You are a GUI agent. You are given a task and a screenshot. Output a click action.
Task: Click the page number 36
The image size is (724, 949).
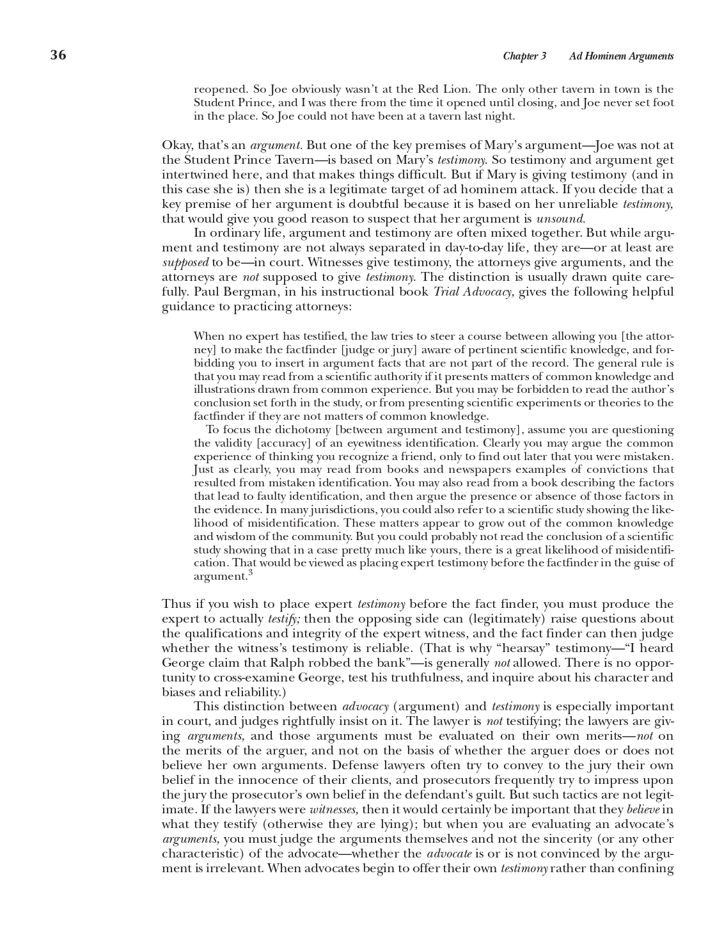click(58, 55)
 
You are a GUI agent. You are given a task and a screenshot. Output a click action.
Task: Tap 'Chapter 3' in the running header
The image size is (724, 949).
click(524, 56)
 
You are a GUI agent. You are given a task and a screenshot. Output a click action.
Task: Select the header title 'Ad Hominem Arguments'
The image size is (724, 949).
click(621, 56)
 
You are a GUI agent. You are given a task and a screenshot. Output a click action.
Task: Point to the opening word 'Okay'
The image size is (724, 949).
click(175, 145)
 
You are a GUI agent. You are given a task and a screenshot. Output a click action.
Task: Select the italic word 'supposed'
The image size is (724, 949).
click(185, 262)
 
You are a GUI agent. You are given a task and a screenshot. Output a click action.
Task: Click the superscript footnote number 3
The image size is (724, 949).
click(250, 573)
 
